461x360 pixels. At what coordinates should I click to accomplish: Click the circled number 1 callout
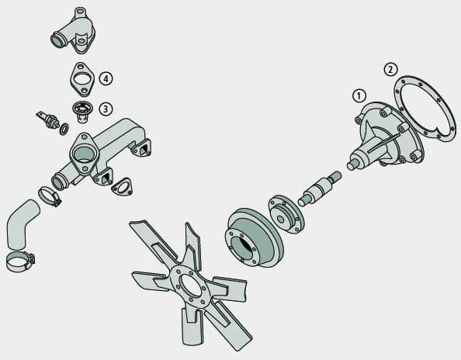[x=359, y=95]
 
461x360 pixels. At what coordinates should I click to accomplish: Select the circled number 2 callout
[x=390, y=70]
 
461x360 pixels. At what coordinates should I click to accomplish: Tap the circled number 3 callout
[x=106, y=109]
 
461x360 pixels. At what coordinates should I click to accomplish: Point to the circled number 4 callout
[x=106, y=78]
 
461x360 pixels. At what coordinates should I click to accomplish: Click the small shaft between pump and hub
[x=320, y=189]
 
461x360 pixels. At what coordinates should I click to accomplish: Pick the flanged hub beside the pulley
[x=286, y=214]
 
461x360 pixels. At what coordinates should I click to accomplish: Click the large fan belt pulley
[x=254, y=238]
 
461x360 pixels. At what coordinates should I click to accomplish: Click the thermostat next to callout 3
[x=82, y=111]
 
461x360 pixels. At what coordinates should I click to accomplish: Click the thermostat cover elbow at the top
[x=74, y=32]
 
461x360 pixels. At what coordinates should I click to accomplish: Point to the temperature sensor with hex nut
[x=48, y=120]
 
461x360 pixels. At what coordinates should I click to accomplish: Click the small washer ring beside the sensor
[x=64, y=130]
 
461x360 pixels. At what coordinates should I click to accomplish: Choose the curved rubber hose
[x=21, y=224]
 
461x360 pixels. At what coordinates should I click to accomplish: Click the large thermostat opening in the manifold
[x=84, y=154]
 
